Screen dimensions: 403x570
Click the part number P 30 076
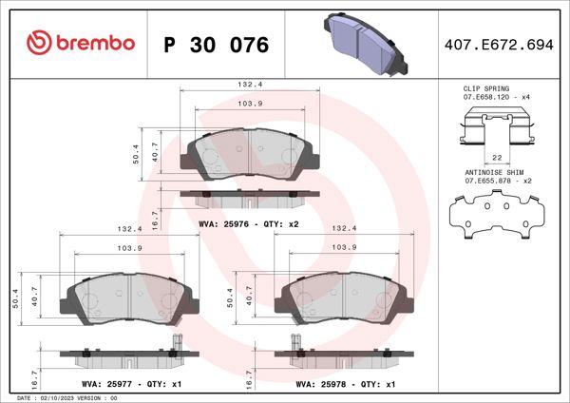pos(217,45)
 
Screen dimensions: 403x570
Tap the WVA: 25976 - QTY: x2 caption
pos(249,224)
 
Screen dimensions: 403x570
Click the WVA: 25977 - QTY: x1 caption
pos(131,385)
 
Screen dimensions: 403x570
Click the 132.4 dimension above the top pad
pos(249,85)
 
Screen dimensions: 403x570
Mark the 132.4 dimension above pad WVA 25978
pos(343,229)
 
